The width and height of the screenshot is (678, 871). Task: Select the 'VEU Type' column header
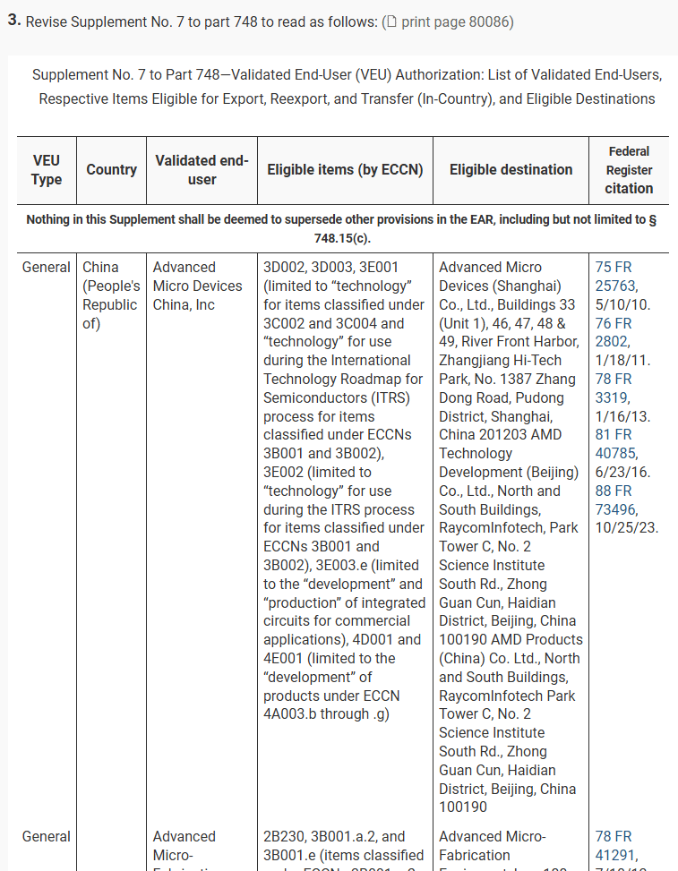47,170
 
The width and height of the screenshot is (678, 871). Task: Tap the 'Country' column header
112,170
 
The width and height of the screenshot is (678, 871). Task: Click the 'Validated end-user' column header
202,170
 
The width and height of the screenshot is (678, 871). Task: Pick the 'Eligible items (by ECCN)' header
345,170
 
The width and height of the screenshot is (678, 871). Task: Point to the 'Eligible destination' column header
511,170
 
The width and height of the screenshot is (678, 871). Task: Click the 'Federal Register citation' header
629,170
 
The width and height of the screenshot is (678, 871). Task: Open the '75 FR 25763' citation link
615,276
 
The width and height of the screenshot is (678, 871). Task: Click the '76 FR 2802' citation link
614,332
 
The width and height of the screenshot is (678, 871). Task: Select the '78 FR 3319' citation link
614,388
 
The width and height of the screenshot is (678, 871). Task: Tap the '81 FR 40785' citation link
615,444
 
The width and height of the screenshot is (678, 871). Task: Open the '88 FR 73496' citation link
615,500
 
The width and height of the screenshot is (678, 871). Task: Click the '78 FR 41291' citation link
615,845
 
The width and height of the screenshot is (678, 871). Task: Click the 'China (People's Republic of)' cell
111,295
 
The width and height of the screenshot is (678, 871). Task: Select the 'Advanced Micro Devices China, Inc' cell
197,286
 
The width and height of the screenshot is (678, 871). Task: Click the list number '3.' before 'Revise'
14,21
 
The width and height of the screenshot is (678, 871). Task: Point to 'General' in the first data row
47,267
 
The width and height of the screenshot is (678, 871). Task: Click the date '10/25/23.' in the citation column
627,527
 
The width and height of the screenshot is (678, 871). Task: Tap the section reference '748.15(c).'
339,237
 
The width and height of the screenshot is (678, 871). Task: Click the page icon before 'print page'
390,21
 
